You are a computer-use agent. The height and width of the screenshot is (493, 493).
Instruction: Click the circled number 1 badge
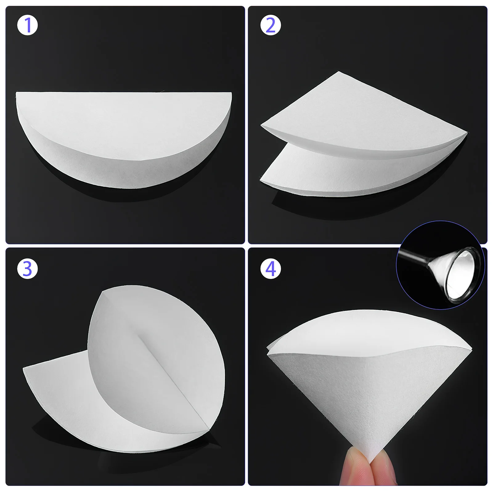click(27, 25)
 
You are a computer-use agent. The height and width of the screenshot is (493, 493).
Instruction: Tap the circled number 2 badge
click(270, 25)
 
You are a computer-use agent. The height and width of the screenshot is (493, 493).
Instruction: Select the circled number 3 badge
click(27, 269)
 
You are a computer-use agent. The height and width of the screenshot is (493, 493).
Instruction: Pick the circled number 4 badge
click(270, 269)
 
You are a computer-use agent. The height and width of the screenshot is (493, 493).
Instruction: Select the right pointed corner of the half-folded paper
click(231, 93)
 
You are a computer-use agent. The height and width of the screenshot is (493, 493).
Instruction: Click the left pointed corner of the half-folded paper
click(16, 93)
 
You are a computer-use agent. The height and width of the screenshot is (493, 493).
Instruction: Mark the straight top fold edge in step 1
click(123, 92)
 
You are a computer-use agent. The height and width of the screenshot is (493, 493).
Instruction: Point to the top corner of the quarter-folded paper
click(339, 72)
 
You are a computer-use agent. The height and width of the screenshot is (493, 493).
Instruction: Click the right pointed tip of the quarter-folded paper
click(467, 133)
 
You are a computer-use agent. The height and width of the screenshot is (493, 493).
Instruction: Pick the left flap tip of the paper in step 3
click(24, 368)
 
